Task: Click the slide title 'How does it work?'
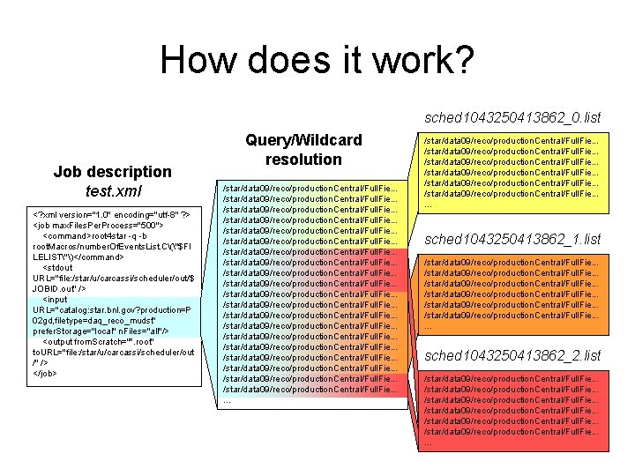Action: tap(317, 61)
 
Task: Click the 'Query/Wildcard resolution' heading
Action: tap(304, 150)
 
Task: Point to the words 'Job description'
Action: tap(112, 172)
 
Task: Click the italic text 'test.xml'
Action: tap(112, 190)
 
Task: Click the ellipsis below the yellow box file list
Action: tap(429, 205)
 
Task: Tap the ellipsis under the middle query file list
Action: tap(227, 399)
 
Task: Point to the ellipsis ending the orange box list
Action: tap(429, 326)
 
